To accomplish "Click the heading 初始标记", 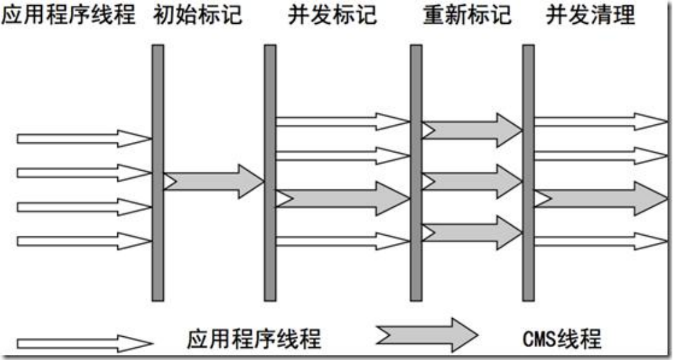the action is click(x=198, y=15).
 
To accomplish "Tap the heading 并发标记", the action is click(x=332, y=15).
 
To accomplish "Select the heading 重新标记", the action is click(x=467, y=15).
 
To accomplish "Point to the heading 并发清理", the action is click(x=591, y=15).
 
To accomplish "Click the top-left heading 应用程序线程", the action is click(x=69, y=15).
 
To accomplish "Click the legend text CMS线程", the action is click(x=562, y=339).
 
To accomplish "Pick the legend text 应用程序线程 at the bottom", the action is click(x=254, y=339).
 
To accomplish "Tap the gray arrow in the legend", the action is click(x=427, y=335).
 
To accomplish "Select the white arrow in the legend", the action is click(x=85, y=344).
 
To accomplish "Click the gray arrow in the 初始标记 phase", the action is click(x=214, y=182).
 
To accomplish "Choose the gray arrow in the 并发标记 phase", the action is click(x=343, y=198).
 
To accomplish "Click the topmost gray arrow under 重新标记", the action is click(x=472, y=130).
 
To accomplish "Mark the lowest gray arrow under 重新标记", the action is click(x=472, y=232).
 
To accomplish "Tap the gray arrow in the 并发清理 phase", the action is click(x=602, y=198).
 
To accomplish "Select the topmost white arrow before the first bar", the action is click(x=84, y=138).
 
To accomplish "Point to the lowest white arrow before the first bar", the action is click(x=84, y=241).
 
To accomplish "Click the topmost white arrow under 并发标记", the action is click(x=343, y=122).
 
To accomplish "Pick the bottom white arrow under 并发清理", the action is click(x=602, y=241).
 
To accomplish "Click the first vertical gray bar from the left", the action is click(x=158, y=173).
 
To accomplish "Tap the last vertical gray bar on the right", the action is click(x=528, y=173).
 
